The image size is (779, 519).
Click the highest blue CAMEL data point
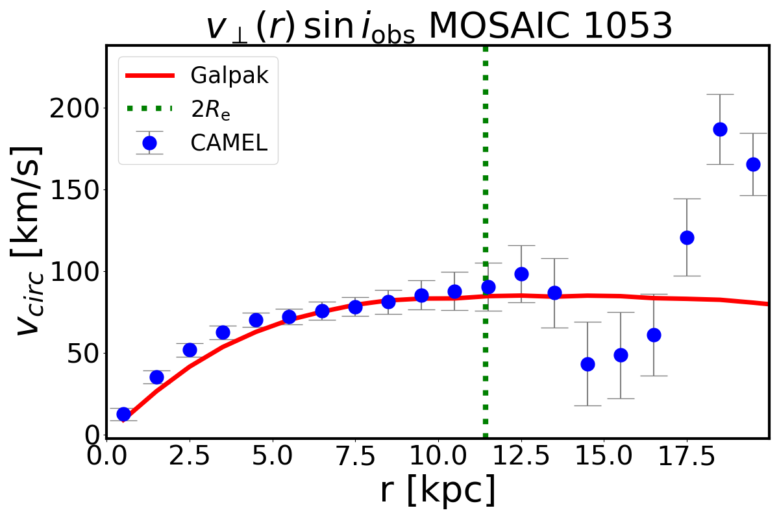720,129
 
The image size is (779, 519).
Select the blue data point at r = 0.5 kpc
123,414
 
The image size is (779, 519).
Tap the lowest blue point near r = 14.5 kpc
587,364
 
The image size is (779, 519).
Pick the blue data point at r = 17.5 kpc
687,237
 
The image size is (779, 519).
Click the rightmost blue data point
753,164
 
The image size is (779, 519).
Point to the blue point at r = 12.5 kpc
521,274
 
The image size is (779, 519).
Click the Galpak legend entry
229,75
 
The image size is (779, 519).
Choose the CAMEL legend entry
229,143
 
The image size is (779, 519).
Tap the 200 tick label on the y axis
72,108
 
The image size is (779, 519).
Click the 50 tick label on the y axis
80,353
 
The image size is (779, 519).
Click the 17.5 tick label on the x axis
686,458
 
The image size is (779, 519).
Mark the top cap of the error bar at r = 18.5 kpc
720,94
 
